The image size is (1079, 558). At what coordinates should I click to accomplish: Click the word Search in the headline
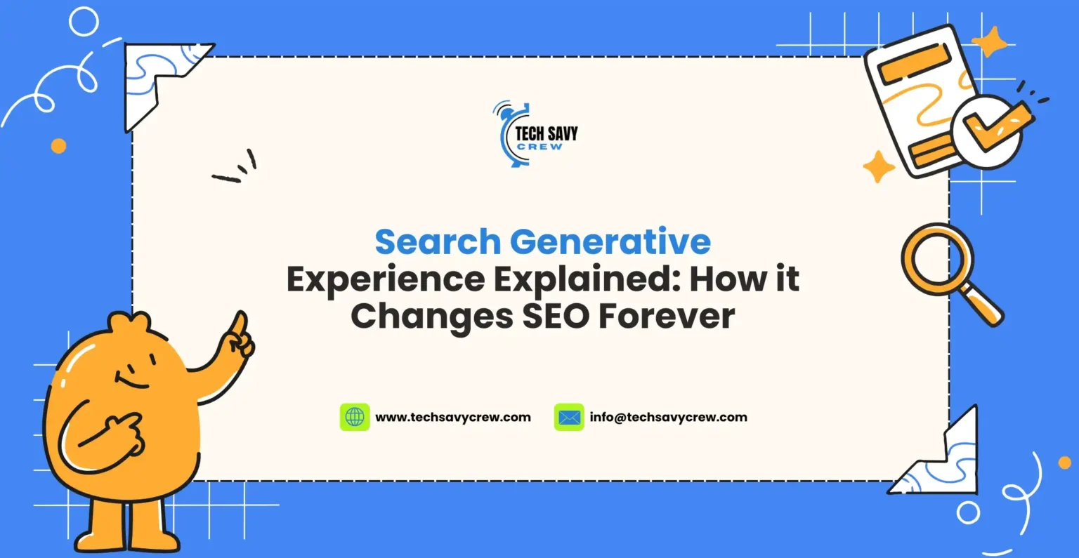coord(438,242)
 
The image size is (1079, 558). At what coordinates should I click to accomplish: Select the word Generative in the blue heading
coord(610,242)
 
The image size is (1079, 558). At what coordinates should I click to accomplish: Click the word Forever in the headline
coord(667,317)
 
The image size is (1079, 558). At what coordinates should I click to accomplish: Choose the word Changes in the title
coord(432,317)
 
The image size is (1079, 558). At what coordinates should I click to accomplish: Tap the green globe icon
coord(355,417)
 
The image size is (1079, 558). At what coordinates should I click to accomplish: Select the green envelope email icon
coord(569,417)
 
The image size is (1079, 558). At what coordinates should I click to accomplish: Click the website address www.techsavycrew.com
coord(453,417)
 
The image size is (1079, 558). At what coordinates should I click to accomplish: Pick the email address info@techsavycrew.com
coord(669,417)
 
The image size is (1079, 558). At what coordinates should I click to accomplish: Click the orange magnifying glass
coord(939,260)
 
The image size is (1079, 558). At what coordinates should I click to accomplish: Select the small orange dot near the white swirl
coord(59,146)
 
